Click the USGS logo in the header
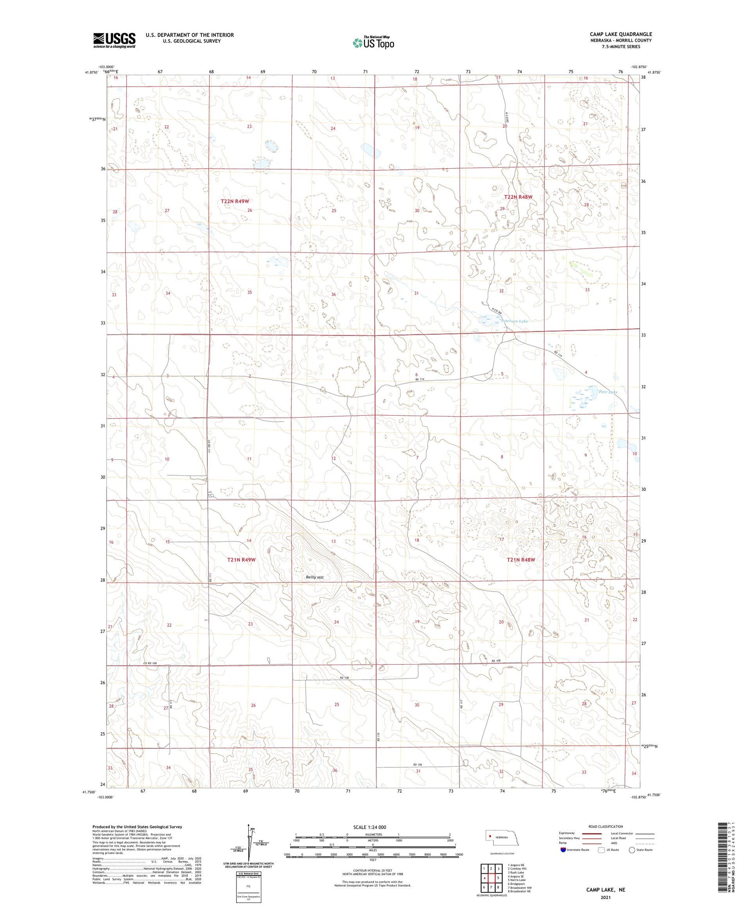click(114, 40)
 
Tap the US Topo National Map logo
click(373, 43)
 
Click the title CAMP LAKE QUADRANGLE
click(620, 35)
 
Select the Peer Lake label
click(608, 392)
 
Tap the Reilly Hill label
click(315, 577)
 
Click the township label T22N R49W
click(235, 201)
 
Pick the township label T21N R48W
click(521, 560)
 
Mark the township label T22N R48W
click(518, 197)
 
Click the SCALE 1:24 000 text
click(372, 827)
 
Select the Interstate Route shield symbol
click(563, 850)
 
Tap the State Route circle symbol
click(632, 850)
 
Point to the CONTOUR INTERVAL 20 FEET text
click(372, 871)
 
